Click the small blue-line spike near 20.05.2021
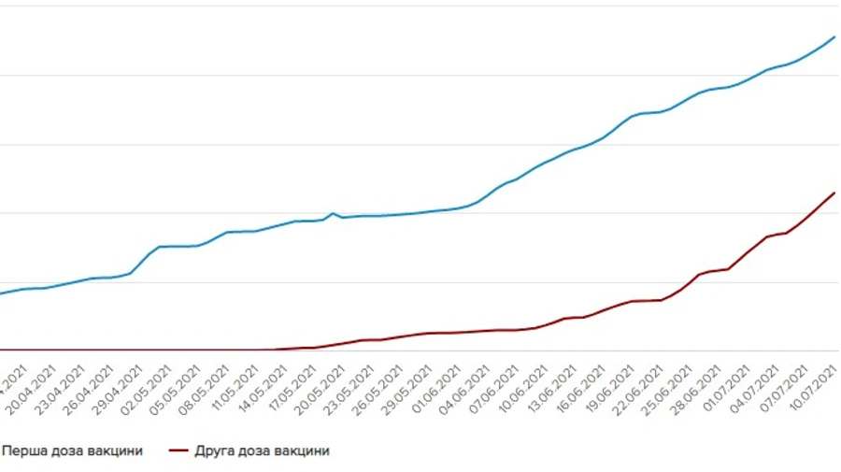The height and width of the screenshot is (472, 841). pos(333,213)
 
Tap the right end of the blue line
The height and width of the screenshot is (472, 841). pos(834,36)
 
